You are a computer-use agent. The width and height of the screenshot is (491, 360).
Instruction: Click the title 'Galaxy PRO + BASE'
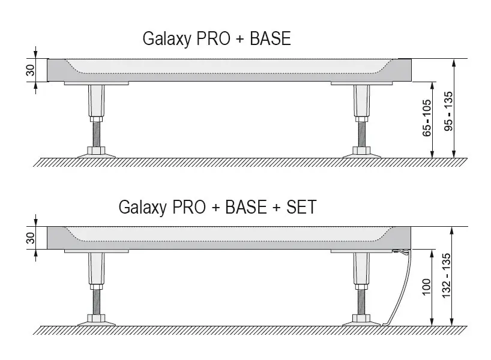pyautogui.click(x=216, y=39)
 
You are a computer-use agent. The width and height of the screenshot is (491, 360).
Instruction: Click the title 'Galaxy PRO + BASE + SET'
pyautogui.click(x=217, y=208)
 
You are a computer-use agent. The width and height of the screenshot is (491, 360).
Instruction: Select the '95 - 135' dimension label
pyautogui.click(x=448, y=112)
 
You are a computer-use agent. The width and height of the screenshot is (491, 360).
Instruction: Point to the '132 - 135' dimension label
pyautogui.click(x=448, y=281)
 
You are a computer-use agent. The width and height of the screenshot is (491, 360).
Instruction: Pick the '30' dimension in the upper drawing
pyautogui.click(x=31, y=71)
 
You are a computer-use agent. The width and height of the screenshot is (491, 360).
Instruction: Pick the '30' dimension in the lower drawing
pyautogui.click(x=31, y=238)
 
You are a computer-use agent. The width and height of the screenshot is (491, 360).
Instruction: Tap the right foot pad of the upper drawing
pyautogui.click(x=361, y=153)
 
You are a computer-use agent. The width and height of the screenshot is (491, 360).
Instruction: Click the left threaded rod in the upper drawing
pyautogui.click(x=95, y=131)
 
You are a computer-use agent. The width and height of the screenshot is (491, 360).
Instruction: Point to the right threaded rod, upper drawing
pyautogui.click(x=361, y=131)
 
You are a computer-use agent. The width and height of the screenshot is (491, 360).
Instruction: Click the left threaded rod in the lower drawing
pyautogui.click(x=95, y=299)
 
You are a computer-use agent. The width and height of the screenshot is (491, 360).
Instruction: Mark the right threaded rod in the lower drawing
pyautogui.click(x=361, y=299)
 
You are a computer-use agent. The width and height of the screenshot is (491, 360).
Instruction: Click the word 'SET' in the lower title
pyautogui.click(x=300, y=208)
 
